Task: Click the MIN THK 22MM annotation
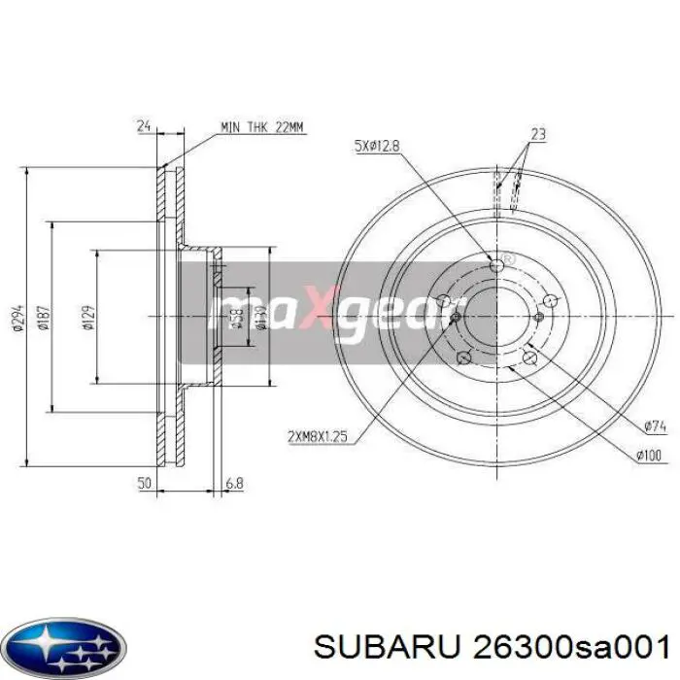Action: click(x=262, y=126)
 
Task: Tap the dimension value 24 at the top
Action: click(x=144, y=125)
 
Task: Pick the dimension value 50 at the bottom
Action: click(x=144, y=482)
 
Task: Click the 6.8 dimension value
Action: click(x=233, y=482)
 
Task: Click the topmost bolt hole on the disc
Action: click(x=497, y=265)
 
